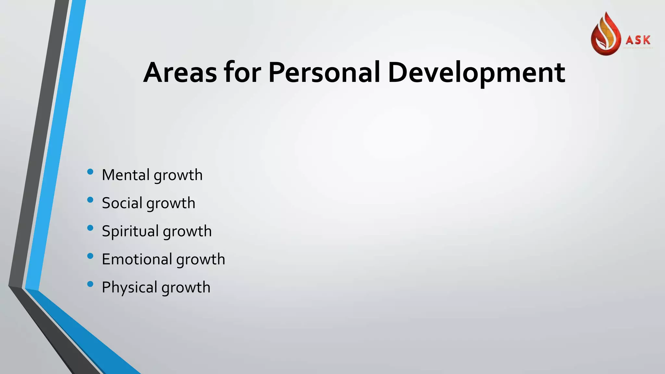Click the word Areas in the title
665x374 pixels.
[x=180, y=72]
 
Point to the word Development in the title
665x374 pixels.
[x=476, y=73]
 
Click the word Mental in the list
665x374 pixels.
[x=126, y=175]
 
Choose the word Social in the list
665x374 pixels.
[x=122, y=203]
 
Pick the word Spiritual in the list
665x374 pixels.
[x=130, y=231]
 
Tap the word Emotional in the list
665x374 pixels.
[x=137, y=259]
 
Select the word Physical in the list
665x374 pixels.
[x=130, y=288]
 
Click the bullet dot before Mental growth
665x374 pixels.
[x=90, y=172]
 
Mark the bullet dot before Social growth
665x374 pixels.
[x=90, y=200]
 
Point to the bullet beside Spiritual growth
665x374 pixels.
[x=90, y=228]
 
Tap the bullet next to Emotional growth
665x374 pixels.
[x=90, y=256]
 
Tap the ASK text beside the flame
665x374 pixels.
[x=638, y=40]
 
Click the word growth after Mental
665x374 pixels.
[x=178, y=176]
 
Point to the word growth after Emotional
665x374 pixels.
[x=201, y=260]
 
